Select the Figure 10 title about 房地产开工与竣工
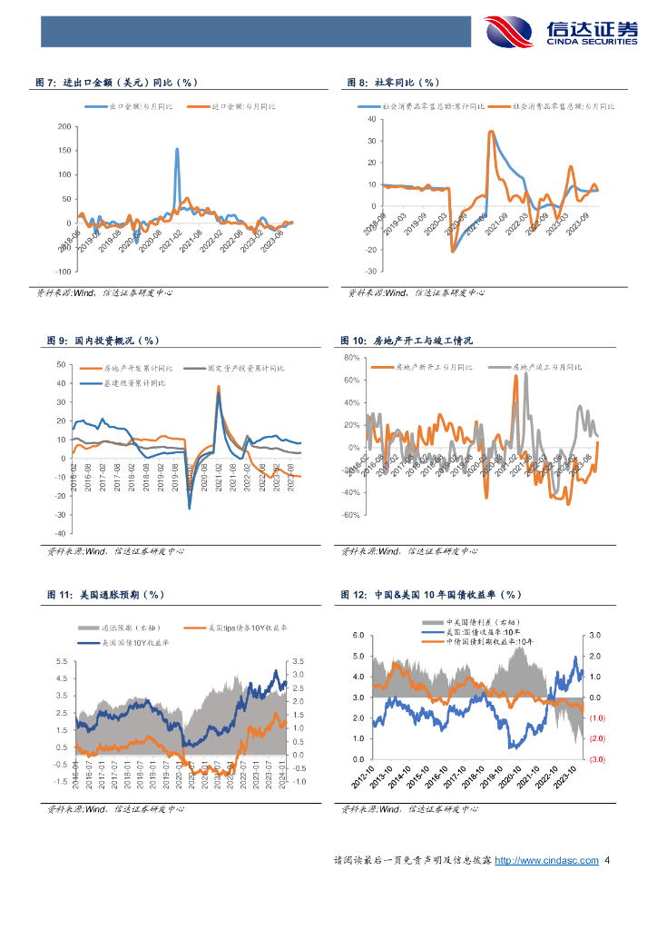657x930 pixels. coord(407,341)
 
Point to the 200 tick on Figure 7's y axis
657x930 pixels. coord(63,125)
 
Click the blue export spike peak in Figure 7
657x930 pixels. coord(176,149)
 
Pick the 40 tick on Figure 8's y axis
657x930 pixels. coord(370,120)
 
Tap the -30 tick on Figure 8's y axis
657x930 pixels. coord(369,271)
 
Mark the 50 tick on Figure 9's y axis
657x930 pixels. coord(60,365)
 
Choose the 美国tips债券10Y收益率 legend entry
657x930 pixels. coord(239,628)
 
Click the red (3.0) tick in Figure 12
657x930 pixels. coord(595,759)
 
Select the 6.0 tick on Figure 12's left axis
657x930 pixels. coord(358,636)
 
